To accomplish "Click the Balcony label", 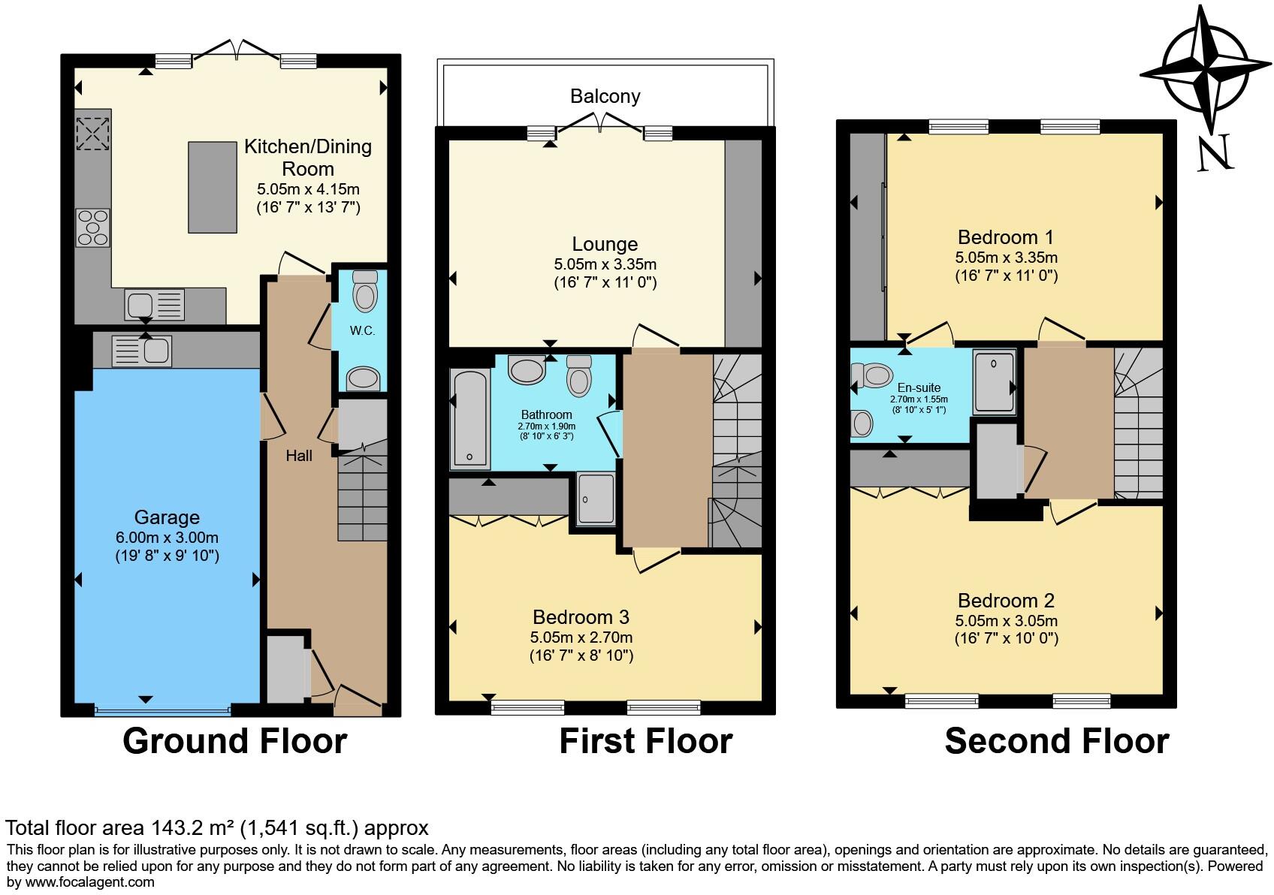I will [605, 96].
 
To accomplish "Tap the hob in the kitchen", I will [92, 228].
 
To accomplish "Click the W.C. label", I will [362, 330].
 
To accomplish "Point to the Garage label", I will [167, 517].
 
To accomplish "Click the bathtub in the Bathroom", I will [469, 418].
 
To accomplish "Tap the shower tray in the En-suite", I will [994, 382].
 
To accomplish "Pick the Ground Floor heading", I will [234, 741].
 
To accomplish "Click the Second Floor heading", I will [1056, 741].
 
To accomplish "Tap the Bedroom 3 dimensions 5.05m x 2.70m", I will [581, 637].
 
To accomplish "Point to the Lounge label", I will [605, 244].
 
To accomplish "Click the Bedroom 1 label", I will [1006, 237].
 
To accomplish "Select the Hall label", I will [299, 456].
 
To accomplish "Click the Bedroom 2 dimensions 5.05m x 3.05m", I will [1006, 621].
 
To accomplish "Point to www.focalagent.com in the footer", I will [89, 881].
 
